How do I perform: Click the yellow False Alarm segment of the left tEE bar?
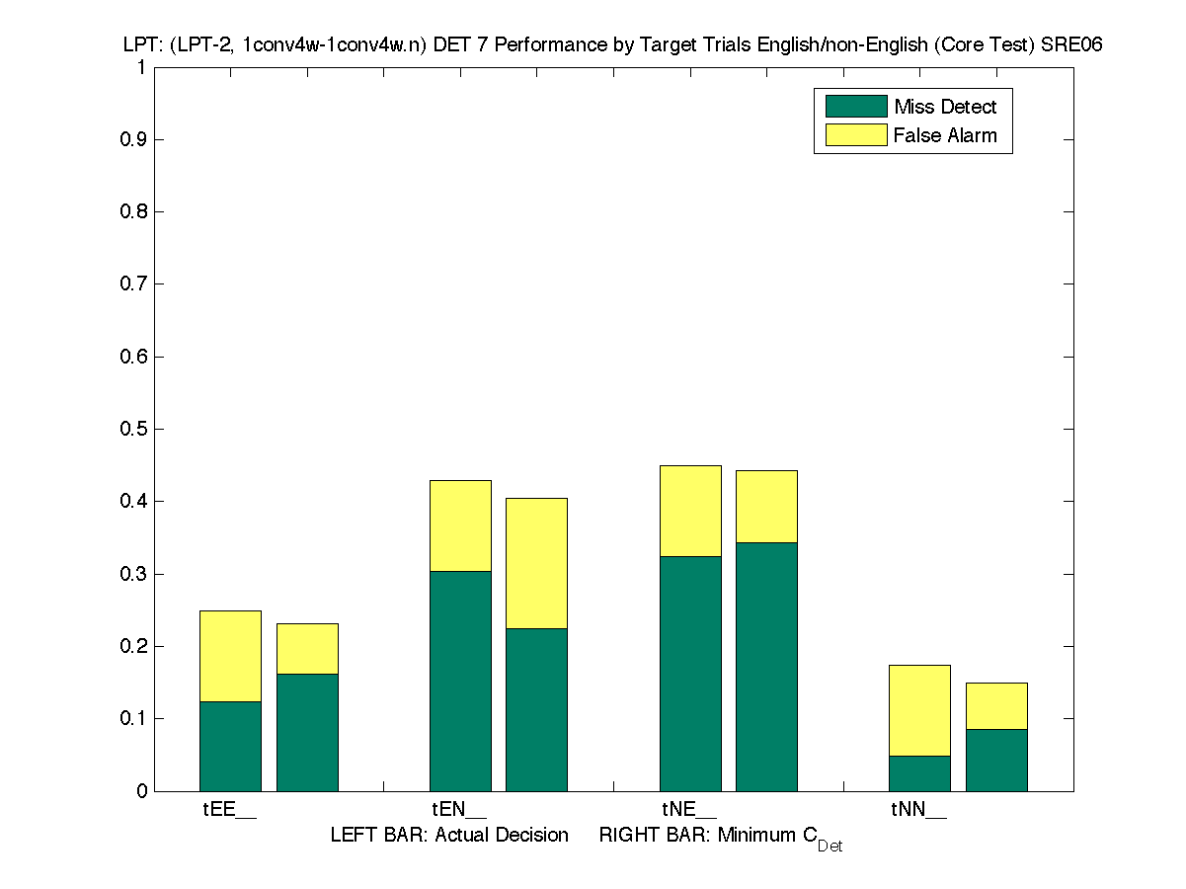pyautogui.click(x=230, y=656)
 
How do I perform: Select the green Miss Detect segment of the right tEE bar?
pyautogui.click(x=307, y=732)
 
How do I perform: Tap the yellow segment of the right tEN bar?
pyautogui.click(x=536, y=563)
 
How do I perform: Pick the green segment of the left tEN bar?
pyautogui.click(x=460, y=681)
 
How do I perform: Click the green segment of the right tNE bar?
pyautogui.click(x=766, y=666)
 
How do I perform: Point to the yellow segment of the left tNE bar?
pyautogui.click(x=690, y=511)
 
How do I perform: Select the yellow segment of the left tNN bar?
pyautogui.click(x=919, y=710)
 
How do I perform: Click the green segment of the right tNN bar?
pyautogui.click(x=996, y=760)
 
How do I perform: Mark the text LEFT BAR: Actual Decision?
pyautogui.click(x=449, y=835)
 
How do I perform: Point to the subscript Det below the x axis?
pyautogui.click(x=830, y=847)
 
